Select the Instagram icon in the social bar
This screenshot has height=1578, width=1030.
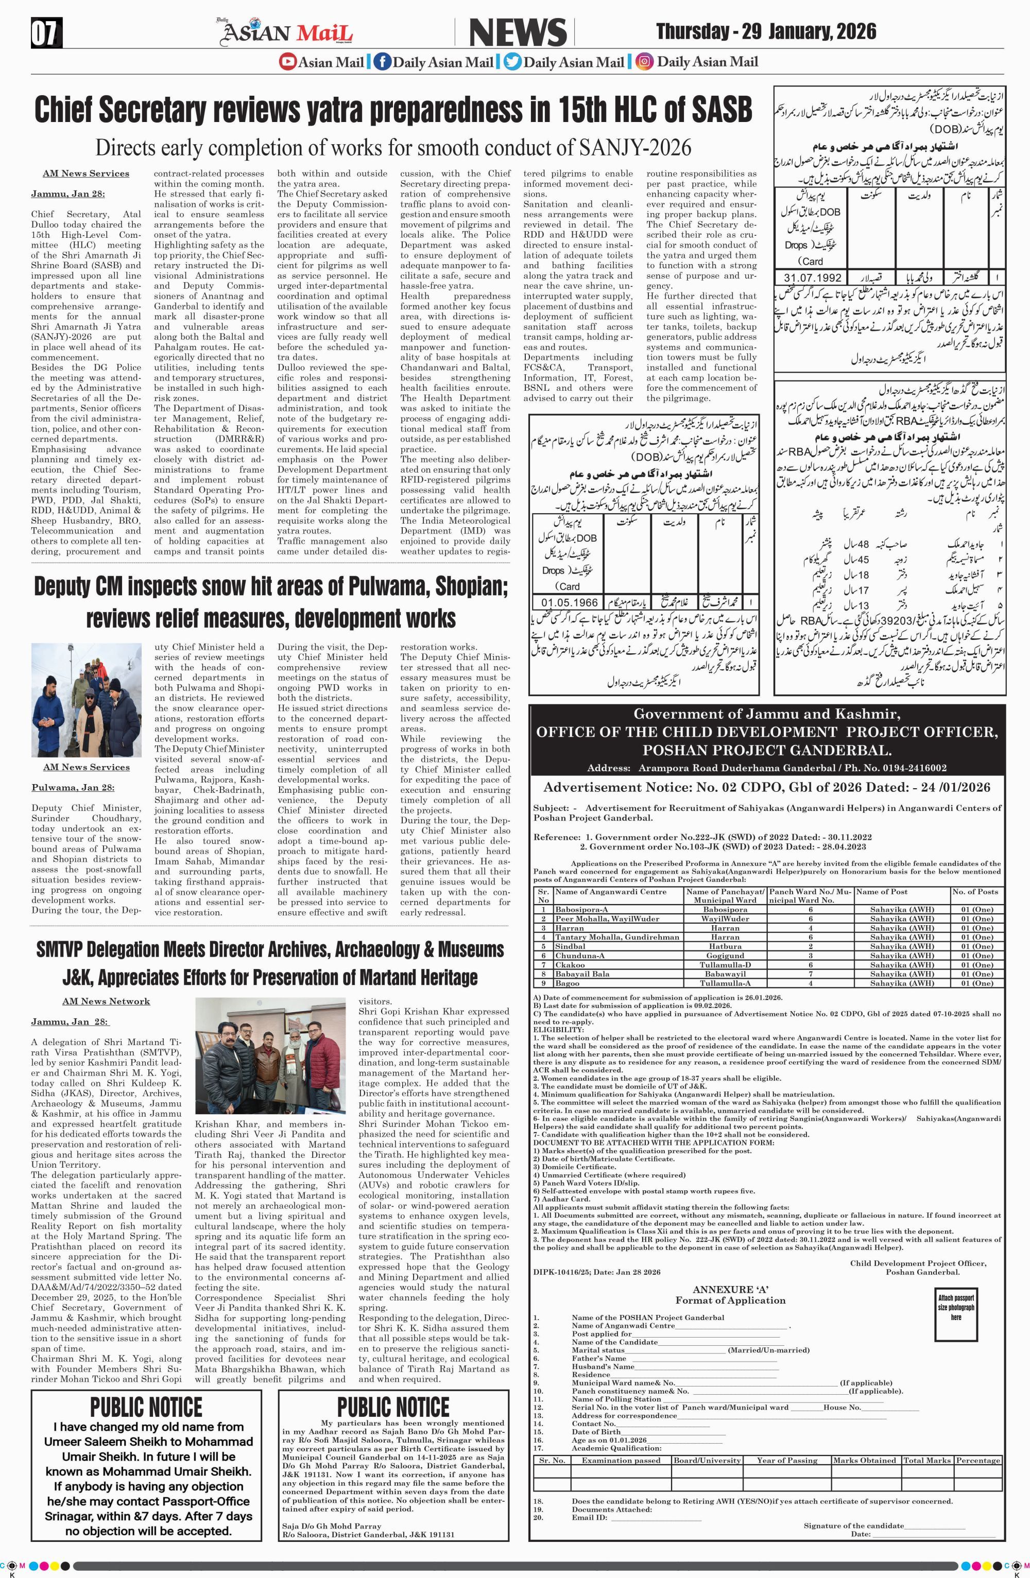(643, 62)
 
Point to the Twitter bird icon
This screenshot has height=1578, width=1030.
(512, 62)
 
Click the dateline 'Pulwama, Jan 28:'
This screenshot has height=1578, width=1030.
(73, 788)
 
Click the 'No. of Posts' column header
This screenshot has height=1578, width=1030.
(974, 892)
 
